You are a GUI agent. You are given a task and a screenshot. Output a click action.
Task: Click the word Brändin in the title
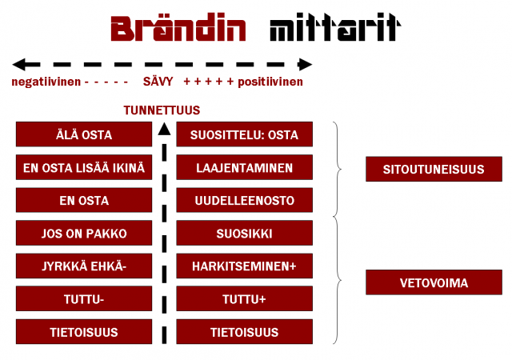click(x=178, y=30)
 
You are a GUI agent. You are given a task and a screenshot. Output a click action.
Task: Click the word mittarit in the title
click(x=334, y=30)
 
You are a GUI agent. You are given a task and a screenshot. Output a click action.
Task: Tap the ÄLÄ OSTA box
click(x=84, y=134)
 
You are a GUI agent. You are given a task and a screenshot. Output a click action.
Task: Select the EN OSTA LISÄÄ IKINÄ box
click(x=84, y=168)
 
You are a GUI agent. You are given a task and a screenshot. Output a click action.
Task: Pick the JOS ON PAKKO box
click(x=84, y=234)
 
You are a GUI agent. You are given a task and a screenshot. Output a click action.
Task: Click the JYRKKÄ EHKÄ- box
click(x=84, y=266)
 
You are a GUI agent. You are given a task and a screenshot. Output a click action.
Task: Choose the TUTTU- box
click(x=84, y=299)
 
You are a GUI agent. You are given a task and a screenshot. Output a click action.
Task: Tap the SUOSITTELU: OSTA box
click(x=244, y=134)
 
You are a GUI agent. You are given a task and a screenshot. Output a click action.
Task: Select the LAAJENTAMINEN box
click(x=244, y=168)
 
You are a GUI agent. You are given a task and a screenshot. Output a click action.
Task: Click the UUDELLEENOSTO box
click(x=244, y=201)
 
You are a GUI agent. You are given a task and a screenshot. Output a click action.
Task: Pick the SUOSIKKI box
click(x=244, y=234)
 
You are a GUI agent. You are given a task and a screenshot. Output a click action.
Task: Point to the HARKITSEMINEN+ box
click(x=244, y=266)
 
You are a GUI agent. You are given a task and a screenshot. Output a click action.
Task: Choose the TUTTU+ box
click(x=244, y=299)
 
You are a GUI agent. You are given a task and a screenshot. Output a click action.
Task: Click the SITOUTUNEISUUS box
click(x=434, y=169)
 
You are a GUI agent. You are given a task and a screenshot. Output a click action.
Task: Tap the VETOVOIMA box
click(x=434, y=282)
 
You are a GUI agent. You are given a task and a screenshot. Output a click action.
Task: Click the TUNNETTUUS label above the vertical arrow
click(x=162, y=110)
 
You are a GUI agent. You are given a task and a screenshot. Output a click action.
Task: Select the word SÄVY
click(x=158, y=82)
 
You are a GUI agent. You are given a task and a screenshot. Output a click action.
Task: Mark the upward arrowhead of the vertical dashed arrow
click(x=164, y=128)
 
